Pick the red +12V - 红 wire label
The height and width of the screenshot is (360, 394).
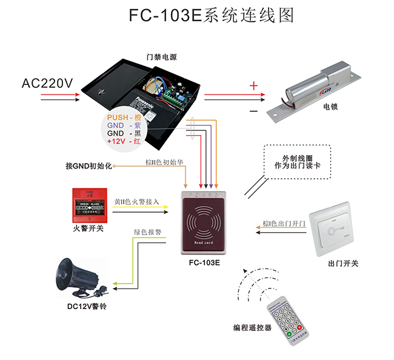point(124,141)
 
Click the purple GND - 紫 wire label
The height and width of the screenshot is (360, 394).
point(124,125)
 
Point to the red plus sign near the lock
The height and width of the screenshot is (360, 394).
point(253,86)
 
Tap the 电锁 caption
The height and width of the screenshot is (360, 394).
point(331,107)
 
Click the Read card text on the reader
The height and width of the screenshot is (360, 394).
point(204,242)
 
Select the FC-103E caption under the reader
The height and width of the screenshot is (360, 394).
point(204,264)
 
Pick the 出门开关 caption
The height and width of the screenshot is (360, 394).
point(343,264)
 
